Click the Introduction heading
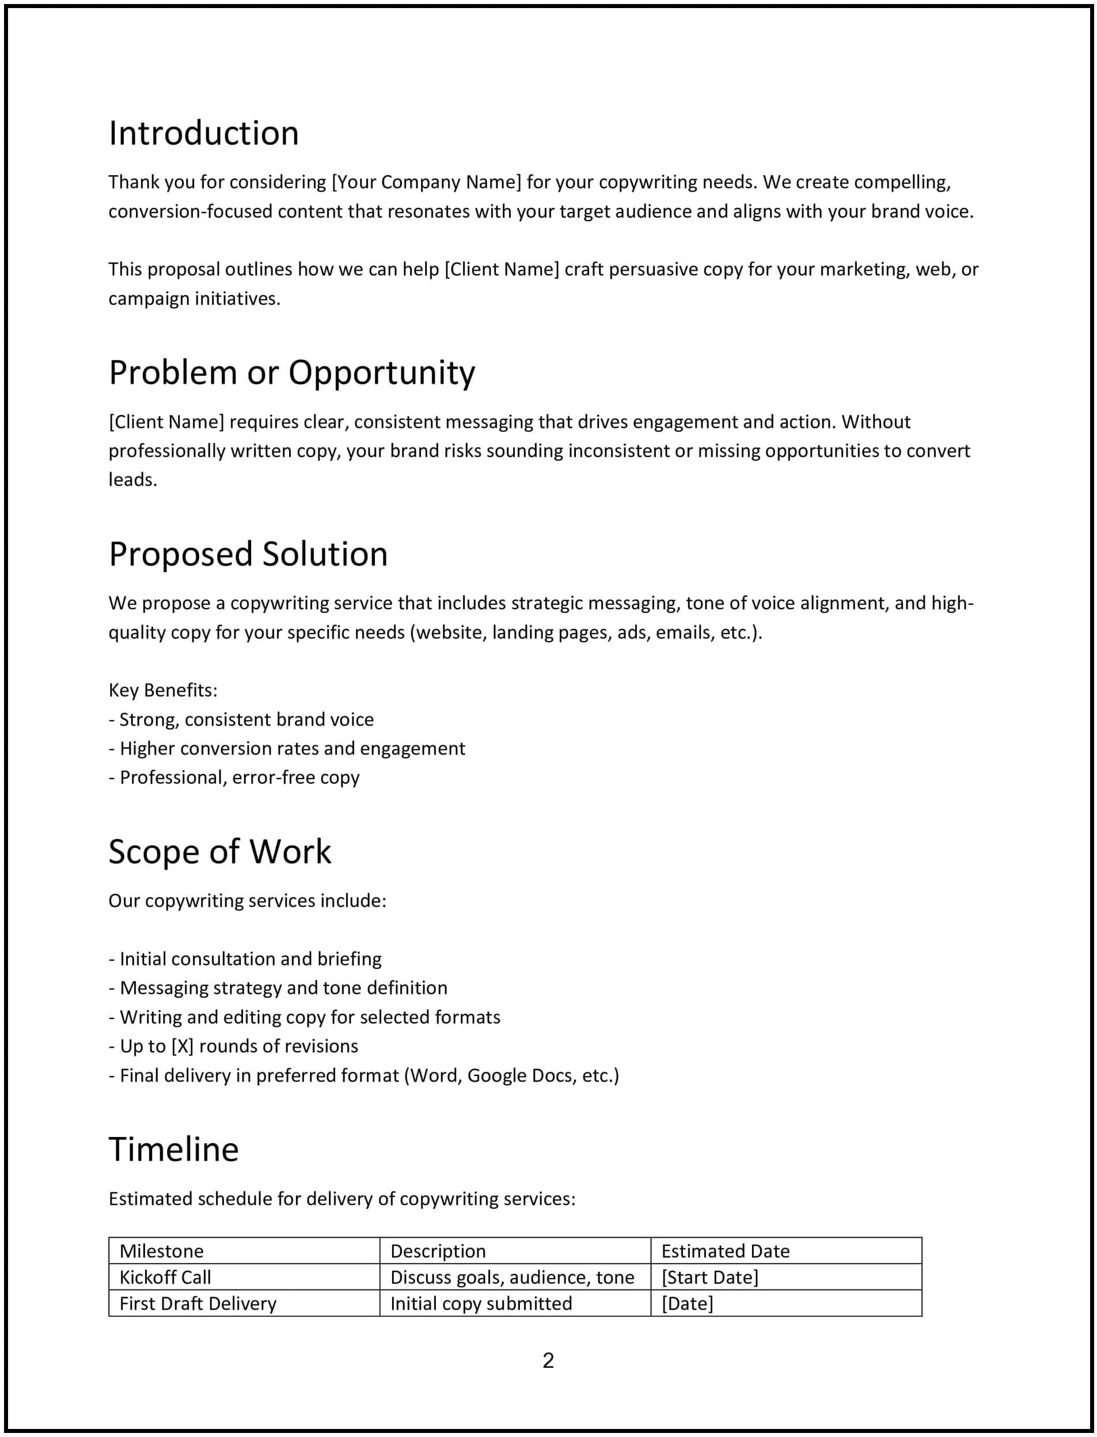pos(203,133)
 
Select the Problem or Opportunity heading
pos(291,373)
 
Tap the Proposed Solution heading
pos(248,554)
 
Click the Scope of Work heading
pos(219,852)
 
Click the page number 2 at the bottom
pos(548,1360)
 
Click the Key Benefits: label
pos(162,690)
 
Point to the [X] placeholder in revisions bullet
pos(182,1046)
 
